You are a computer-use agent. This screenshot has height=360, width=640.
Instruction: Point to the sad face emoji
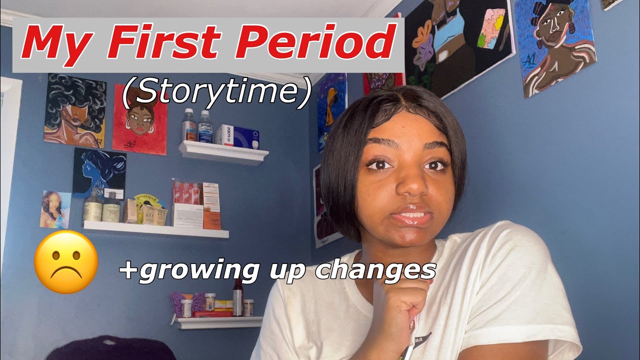65,261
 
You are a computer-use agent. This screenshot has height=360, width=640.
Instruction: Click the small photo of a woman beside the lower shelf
55,209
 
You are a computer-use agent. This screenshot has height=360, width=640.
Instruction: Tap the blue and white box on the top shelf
237,135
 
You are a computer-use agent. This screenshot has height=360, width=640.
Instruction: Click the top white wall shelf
223,152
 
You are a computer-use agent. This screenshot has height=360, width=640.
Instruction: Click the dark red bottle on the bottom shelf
237,298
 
